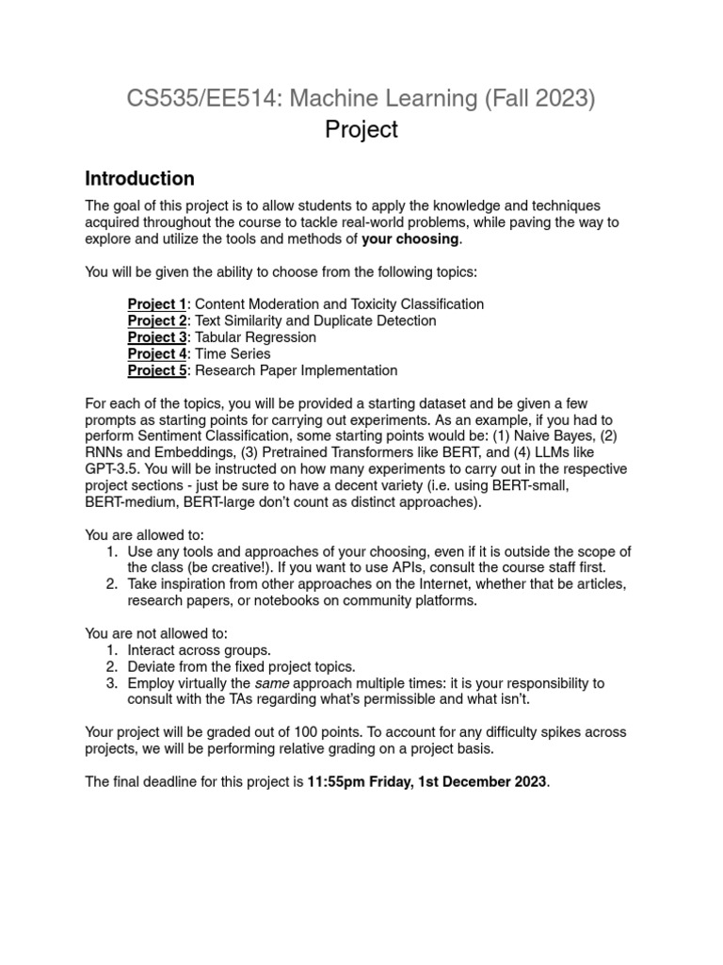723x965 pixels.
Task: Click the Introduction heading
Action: tap(139, 178)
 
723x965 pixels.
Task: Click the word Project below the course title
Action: tap(361, 130)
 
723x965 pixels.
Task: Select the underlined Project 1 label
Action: tap(157, 304)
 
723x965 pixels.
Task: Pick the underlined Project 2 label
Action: tap(157, 320)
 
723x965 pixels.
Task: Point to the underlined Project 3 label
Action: tap(157, 337)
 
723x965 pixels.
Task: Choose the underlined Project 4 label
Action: tap(157, 354)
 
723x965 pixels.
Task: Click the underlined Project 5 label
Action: tap(157, 370)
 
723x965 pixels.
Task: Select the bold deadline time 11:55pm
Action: tap(339, 781)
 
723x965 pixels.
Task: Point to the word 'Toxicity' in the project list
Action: tap(386, 304)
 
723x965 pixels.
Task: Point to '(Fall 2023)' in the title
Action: tap(537, 97)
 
